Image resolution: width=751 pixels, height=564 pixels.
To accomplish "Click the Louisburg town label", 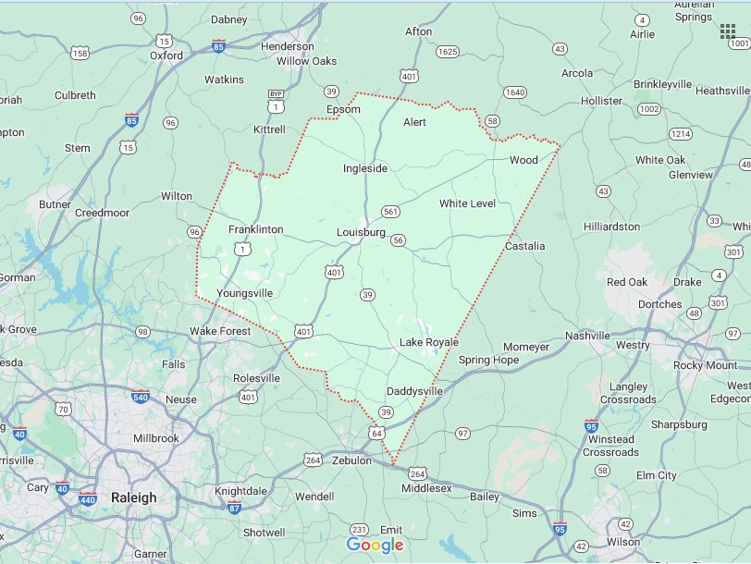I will click(x=361, y=232).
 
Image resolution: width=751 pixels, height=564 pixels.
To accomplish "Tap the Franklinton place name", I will click(x=255, y=229).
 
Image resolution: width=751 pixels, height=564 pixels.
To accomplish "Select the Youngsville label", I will click(x=244, y=293).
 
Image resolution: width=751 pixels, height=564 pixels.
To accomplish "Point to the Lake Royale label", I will click(x=428, y=342).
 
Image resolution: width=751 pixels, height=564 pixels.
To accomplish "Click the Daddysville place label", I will click(x=414, y=391).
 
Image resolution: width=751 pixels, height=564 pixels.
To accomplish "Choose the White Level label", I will click(x=467, y=203).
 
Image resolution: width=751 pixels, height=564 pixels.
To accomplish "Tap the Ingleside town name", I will click(x=365, y=168).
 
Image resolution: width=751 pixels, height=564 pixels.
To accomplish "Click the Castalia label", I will click(x=524, y=246).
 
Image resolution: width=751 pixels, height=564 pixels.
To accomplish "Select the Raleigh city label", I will click(x=133, y=497).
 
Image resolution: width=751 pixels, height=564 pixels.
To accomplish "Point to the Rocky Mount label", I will click(x=706, y=365).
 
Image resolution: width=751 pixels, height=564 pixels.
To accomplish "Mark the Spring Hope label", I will click(x=488, y=360).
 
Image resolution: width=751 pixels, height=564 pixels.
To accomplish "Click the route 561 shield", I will click(x=390, y=212).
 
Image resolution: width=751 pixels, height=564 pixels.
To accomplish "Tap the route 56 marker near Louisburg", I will click(x=398, y=240).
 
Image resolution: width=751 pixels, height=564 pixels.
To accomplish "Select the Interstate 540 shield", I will click(x=140, y=398).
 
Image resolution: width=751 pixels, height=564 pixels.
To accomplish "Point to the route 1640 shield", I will click(x=515, y=92).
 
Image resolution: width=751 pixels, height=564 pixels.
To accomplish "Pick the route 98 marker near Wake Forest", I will click(x=142, y=331).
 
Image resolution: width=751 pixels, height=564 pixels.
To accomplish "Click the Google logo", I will click(x=375, y=546).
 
